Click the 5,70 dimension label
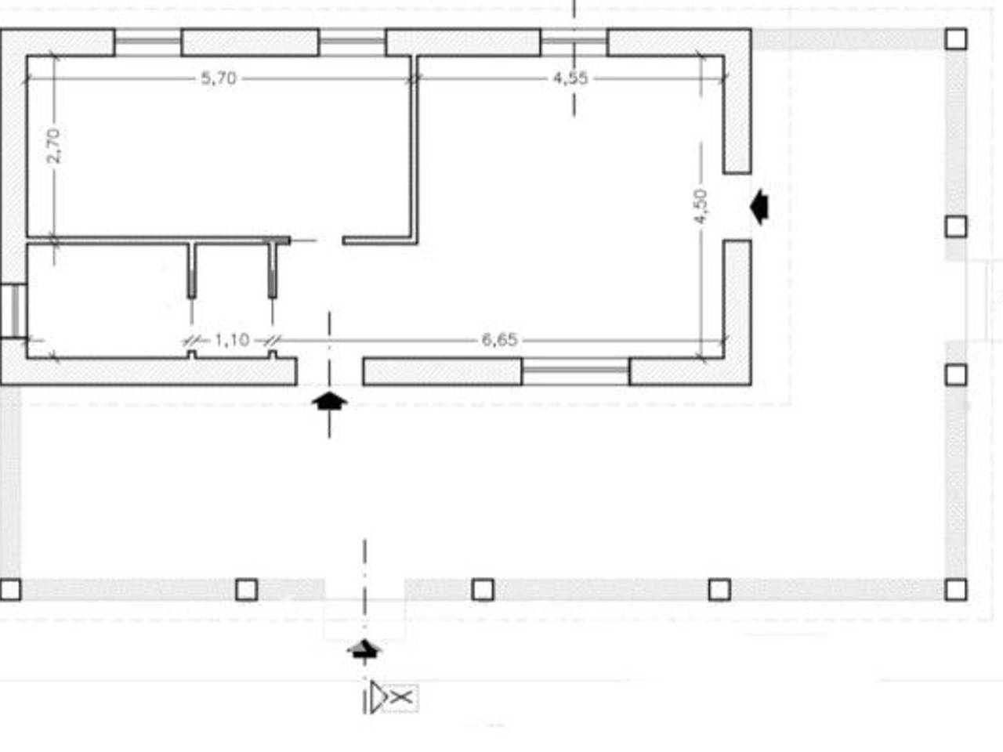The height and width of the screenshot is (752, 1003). tap(219, 78)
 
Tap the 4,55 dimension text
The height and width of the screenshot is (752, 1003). tap(570, 78)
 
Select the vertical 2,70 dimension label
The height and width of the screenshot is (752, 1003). tap(53, 146)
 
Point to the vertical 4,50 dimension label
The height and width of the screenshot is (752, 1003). tap(700, 206)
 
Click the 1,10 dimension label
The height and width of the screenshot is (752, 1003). tap(232, 340)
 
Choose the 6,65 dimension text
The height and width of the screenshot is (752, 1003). tap(499, 340)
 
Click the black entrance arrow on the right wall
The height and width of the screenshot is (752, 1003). tap(759, 207)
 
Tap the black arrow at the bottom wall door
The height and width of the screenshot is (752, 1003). tap(329, 401)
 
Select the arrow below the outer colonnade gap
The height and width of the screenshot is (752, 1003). tap(364, 649)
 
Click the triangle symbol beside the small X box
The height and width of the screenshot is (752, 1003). tap(378, 696)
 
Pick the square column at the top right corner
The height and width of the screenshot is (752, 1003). tap(955, 39)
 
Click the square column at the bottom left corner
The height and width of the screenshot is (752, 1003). tap(10, 589)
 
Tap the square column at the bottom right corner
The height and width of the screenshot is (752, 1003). tap(955, 589)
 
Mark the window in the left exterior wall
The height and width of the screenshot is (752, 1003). tap(13, 311)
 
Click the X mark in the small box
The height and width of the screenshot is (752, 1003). tap(402, 698)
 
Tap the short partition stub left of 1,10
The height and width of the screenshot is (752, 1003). tap(192, 271)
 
